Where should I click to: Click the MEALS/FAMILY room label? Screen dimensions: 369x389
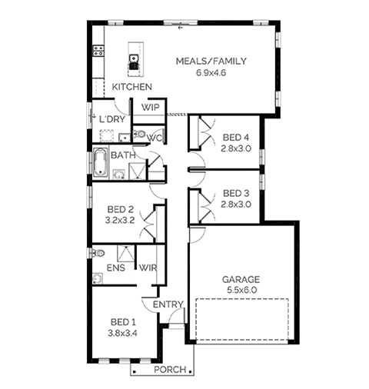tap(211, 62)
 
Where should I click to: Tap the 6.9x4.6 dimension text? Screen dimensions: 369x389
tap(211, 73)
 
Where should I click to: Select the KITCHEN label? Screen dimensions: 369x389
tap(132, 87)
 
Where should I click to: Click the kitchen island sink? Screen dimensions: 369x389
tap(134, 58)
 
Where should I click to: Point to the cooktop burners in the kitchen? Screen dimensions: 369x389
tap(98, 51)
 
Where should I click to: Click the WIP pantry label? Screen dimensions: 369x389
tap(150, 108)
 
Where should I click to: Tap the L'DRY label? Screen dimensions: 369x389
tap(112, 119)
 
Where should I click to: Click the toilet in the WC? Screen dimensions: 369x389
tap(138, 134)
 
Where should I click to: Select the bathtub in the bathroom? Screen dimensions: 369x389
tap(101, 162)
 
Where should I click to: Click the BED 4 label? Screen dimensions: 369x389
tap(236, 138)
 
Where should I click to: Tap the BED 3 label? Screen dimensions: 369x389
tap(236, 193)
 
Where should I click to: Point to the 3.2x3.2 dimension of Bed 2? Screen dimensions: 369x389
tap(120, 220)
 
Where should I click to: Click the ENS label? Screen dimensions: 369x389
tap(116, 268)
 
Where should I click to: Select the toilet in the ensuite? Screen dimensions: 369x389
tap(99, 254)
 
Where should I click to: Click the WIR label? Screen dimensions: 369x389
tap(148, 268)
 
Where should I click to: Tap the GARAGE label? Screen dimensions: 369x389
tap(241, 279)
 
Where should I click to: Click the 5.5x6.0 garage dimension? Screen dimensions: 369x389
tap(241, 290)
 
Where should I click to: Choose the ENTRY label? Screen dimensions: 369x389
tap(168, 304)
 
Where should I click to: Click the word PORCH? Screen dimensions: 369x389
tap(170, 370)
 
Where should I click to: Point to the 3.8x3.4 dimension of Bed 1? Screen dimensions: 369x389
tap(122, 333)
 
